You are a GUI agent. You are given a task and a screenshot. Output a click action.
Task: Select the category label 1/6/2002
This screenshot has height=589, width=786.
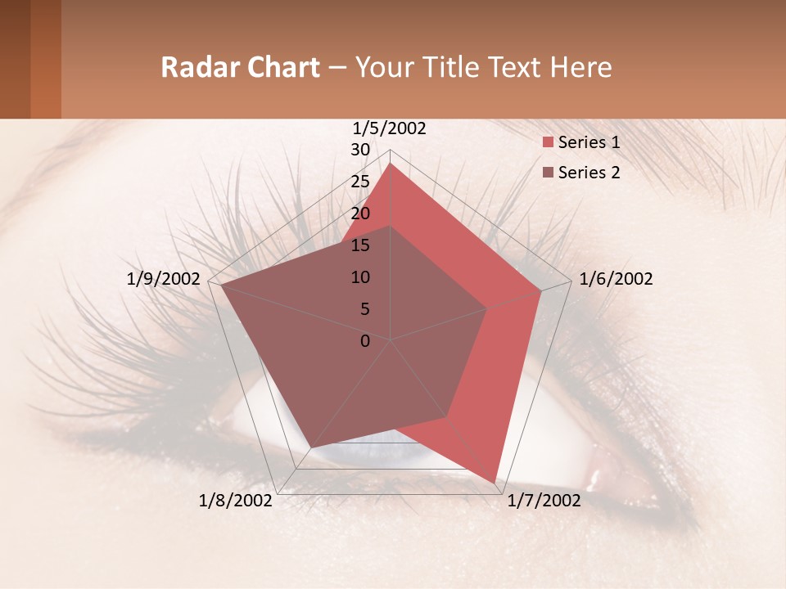pyautogui.click(x=616, y=279)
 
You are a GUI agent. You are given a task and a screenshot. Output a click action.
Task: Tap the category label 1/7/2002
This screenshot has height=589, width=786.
pyautogui.click(x=544, y=501)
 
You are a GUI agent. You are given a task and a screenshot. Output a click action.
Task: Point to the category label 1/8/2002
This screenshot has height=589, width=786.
pyautogui.click(x=236, y=501)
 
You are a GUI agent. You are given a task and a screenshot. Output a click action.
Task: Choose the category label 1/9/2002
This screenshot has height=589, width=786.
pyautogui.click(x=163, y=279)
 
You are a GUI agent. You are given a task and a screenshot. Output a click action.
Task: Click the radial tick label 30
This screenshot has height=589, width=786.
pyautogui.click(x=360, y=150)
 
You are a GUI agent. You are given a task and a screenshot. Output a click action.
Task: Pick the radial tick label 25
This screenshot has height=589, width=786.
pyautogui.click(x=360, y=182)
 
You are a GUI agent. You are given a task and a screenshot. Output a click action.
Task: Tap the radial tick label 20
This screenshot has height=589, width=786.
pyautogui.click(x=360, y=214)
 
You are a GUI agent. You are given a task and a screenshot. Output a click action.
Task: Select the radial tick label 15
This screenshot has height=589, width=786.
pyautogui.click(x=360, y=245)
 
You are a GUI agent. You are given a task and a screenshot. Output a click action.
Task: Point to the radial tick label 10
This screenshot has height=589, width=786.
pyautogui.click(x=360, y=277)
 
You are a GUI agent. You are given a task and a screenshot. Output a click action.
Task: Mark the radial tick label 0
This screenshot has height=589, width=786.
pyautogui.click(x=365, y=341)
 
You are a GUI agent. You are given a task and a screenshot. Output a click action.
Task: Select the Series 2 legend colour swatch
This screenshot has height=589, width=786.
pyautogui.click(x=549, y=173)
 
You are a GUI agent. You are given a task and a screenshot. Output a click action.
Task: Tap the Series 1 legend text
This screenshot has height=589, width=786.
pyautogui.click(x=589, y=142)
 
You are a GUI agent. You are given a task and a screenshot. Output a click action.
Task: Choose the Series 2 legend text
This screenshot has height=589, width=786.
pyautogui.click(x=589, y=173)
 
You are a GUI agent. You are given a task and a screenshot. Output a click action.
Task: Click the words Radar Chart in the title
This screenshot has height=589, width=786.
pyautogui.click(x=240, y=67)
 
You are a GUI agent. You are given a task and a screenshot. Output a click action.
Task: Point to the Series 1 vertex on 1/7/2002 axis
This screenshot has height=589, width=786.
pyautogui.click(x=495, y=483)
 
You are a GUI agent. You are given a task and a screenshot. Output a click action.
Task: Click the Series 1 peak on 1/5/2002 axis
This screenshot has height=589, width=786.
pyautogui.click(x=391, y=164)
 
